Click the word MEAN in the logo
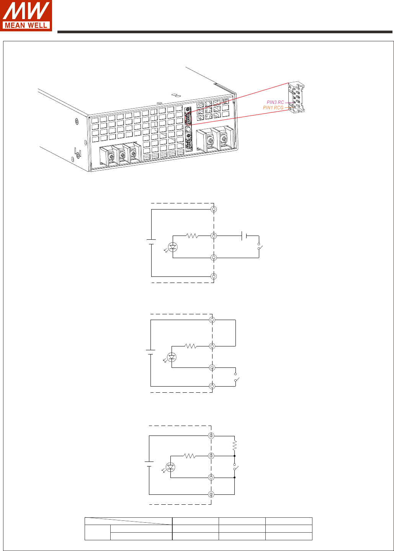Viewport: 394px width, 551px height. tap(15, 25)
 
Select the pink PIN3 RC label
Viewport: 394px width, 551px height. tap(275, 102)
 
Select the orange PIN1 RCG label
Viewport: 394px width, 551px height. tap(273, 107)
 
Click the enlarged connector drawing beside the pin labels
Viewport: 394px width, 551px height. tap(296, 98)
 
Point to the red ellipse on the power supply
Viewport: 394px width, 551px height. tap(188, 118)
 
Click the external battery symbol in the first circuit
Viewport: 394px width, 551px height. tap(244, 236)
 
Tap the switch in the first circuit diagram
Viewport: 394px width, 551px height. tap(260, 247)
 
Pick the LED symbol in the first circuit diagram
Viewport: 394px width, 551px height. tap(173, 247)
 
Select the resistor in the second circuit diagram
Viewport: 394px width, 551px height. tap(191, 346)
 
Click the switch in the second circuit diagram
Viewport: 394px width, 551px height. tap(236, 377)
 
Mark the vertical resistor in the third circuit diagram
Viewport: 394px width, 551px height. tap(234, 445)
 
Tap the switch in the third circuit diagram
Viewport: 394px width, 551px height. tap(235, 467)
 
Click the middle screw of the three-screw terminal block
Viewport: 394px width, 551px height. tap(122, 155)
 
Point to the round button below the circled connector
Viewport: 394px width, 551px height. tap(188, 129)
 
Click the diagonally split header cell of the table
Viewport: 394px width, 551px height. tap(128, 521)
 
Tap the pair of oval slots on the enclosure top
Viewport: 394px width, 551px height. tap(176, 95)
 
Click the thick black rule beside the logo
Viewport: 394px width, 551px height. tap(225, 32)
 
